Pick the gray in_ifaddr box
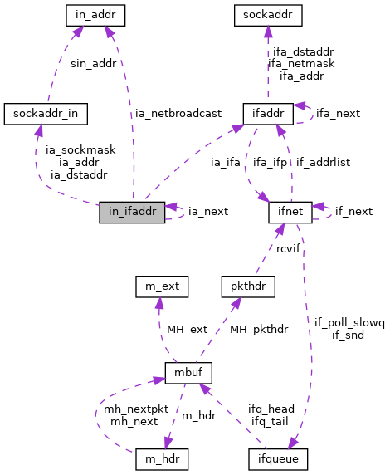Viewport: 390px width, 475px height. [132, 212]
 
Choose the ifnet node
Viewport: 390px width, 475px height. [290, 212]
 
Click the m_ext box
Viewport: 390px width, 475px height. [161, 287]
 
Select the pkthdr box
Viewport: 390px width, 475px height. [241, 287]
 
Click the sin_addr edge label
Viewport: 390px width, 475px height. [93, 63]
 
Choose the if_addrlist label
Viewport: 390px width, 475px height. [323, 162]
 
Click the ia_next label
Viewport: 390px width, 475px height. [208, 212]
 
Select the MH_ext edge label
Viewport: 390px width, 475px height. [186, 331]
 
